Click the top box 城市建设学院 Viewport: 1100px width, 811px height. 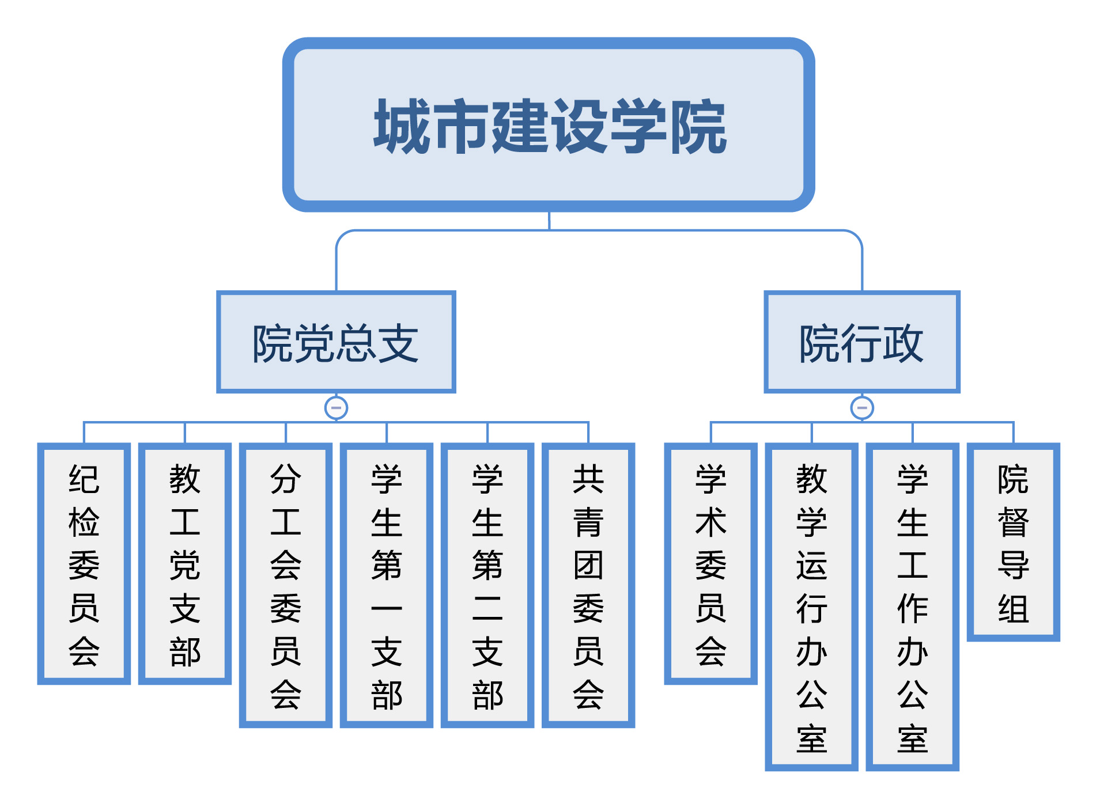point(549,125)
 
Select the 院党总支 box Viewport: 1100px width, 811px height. point(336,342)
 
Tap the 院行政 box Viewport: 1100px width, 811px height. point(862,342)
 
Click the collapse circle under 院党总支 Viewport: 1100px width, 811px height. point(337,408)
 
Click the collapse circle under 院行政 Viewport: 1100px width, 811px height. point(862,408)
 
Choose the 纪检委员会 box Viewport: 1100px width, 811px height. point(84,564)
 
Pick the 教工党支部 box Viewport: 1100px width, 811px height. point(185,564)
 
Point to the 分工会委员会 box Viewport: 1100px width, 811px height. point(286,585)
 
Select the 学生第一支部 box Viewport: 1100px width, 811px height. point(387,585)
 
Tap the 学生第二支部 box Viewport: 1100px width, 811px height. point(487,585)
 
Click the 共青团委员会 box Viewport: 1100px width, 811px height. point(588,585)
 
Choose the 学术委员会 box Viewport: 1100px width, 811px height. point(711,564)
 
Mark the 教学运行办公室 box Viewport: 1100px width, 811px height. point(812,607)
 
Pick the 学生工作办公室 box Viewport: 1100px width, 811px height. point(913,607)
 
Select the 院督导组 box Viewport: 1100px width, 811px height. point(1014,542)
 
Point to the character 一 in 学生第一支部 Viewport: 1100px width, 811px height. point(387,608)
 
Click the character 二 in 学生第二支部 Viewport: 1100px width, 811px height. point(487,608)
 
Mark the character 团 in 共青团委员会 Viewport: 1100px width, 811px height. point(588,565)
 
